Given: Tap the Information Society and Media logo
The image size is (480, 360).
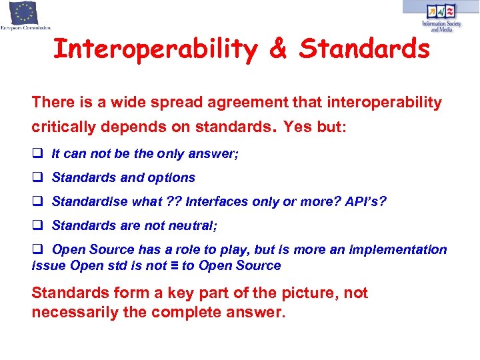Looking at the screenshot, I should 440,17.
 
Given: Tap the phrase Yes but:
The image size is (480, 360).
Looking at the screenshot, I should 315,127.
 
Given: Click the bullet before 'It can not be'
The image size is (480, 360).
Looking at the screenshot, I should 38,153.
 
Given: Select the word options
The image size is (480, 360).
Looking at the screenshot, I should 174,177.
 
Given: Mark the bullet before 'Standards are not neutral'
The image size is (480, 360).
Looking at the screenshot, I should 38,225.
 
